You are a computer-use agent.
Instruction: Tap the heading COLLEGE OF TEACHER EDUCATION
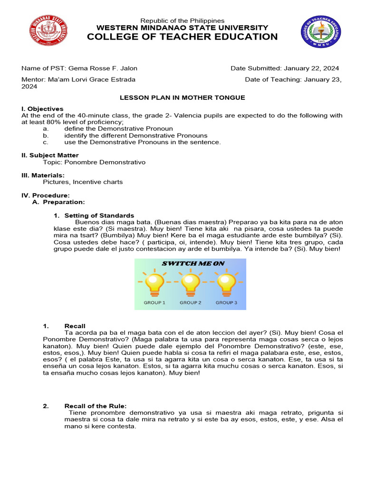click(x=182, y=37)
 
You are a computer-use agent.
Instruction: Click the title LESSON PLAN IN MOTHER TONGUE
click(x=182, y=97)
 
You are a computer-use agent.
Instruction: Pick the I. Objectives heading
click(x=42, y=109)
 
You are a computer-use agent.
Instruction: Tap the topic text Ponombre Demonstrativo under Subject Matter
click(x=105, y=162)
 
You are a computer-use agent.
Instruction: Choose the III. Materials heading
click(x=43, y=175)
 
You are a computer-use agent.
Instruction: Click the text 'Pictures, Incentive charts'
click(x=83, y=182)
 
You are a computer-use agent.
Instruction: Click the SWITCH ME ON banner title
click(x=193, y=263)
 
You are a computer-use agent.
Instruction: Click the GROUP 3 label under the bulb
click(x=226, y=302)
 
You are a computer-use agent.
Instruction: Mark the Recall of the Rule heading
click(x=96, y=406)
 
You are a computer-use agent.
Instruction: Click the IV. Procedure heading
click(x=46, y=195)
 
